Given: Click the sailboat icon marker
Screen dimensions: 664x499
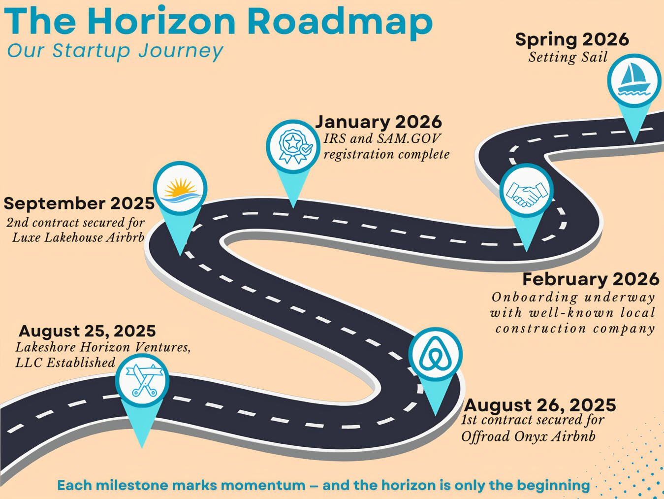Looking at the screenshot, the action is tap(634, 80).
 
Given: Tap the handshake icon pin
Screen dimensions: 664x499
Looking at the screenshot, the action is tap(526, 191).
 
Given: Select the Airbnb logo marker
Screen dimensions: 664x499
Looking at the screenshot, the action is tap(435, 354).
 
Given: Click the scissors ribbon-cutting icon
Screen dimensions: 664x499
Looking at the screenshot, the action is tap(142, 381).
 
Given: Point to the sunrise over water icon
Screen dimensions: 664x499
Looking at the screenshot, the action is tap(180, 188).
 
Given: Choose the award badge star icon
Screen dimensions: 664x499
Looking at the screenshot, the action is tap(293, 147).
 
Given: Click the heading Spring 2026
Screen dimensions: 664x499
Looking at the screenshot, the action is tap(572, 40).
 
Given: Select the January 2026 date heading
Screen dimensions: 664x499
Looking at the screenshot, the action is tap(379, 122).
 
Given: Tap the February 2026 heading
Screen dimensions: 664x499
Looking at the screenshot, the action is tap(591, 279).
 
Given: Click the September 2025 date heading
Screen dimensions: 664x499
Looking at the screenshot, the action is tap(79, 203).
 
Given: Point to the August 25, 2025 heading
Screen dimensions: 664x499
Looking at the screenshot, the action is tap(87, 331).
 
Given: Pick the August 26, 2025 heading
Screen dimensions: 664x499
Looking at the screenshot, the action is tap(540, 405).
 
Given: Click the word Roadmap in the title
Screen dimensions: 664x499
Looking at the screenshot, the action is tap(340, 22).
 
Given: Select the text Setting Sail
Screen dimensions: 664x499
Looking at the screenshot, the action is tap(568, 58).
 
